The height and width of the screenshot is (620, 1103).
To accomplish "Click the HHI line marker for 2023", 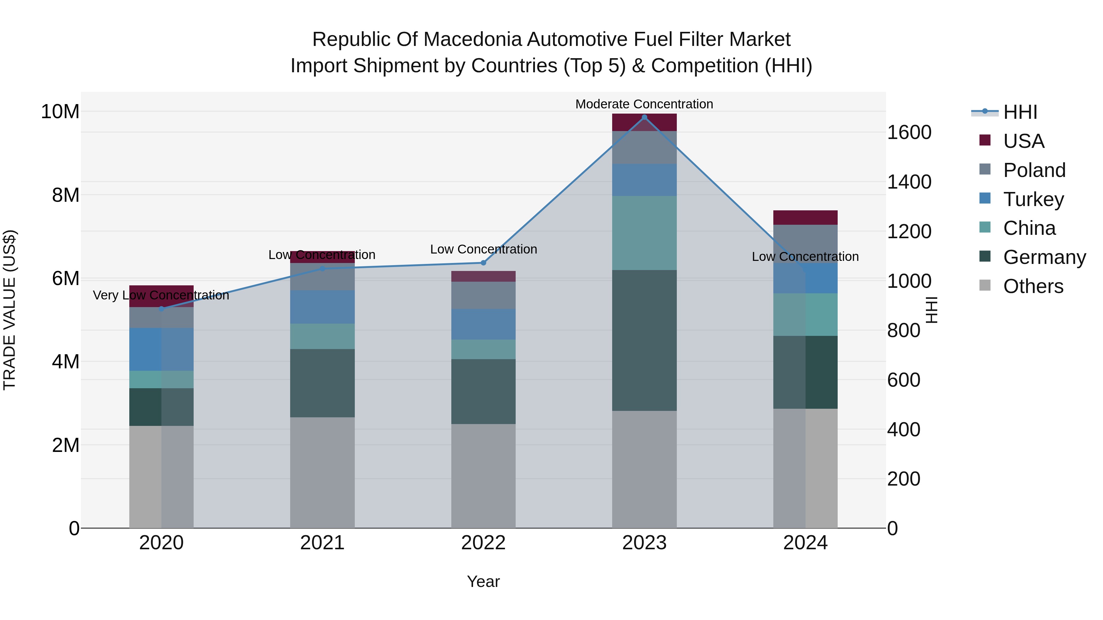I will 644,117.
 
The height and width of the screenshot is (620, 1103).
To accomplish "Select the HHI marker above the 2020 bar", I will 161,309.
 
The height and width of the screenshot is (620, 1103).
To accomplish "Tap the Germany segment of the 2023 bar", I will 644,340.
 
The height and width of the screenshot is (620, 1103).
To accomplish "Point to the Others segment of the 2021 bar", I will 322,472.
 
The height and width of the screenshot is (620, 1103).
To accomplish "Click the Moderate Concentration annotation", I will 644,104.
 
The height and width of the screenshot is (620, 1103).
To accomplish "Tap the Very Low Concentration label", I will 161,295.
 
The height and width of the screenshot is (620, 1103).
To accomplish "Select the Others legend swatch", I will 985,285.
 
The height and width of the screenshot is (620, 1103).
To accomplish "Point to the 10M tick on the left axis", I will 60,112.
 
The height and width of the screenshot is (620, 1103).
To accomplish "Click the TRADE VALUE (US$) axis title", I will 9,310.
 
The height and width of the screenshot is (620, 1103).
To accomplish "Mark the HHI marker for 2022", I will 483,263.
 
